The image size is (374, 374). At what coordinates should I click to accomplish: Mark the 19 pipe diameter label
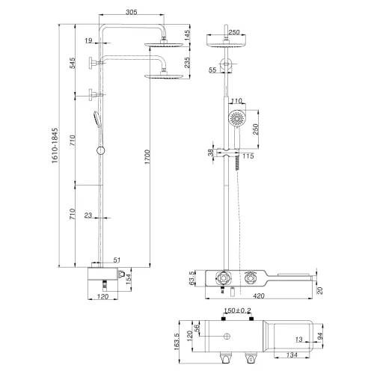pos(88,41)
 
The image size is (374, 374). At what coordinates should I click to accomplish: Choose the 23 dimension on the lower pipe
pos(88,215)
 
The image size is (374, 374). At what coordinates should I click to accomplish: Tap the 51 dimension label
pos(116,260)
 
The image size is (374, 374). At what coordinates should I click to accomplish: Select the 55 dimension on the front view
pos(212,70)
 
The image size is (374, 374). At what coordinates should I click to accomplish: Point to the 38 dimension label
pos(211,153)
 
